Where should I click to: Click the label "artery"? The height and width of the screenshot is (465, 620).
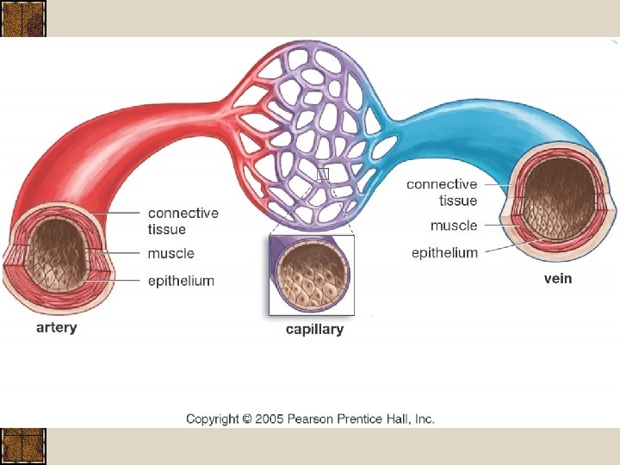(56, 328)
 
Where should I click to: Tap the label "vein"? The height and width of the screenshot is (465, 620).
(557, 278)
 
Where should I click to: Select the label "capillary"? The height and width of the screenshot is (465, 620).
(314, 329)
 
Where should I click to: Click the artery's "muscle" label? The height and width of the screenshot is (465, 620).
(170, 253)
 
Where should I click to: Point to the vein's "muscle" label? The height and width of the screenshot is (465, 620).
(454, 226)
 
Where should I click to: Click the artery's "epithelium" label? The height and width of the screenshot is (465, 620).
(181, 281)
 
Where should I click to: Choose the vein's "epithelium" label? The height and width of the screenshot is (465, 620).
(444, 252)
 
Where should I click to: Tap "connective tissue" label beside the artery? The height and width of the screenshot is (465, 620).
(183, 220)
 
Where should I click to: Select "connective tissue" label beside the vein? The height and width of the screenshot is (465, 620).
(442, 192)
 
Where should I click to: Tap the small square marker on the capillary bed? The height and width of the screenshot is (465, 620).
(323, 175)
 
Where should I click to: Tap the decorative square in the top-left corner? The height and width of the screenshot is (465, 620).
(23, 19)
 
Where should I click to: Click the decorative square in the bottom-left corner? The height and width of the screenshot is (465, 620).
(23, 446)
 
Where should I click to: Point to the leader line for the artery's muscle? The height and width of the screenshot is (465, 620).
(121, 253)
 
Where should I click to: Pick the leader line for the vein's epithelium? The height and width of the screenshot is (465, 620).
(495, 251)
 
